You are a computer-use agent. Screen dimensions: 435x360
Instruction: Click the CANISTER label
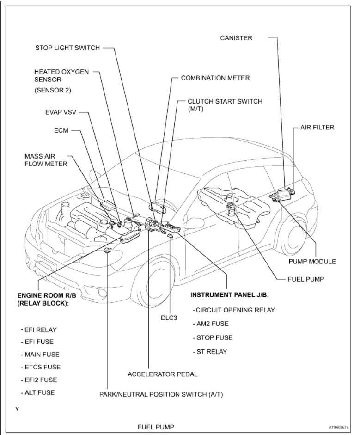pyautogui.click(x=236, y=37)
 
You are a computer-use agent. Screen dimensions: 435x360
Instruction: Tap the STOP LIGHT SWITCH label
pyautogui.click(x=67, y=48)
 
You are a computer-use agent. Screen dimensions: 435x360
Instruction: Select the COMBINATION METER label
pyautogui.click(x=215, y=78)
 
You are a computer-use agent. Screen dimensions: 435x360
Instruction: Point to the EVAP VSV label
pyautogui.click(x=60, y=112)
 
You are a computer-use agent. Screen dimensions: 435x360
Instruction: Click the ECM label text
pyautogui.click(x=61, y=130)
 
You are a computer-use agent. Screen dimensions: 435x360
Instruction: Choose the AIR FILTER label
pyautogui.click(x=317, y=127)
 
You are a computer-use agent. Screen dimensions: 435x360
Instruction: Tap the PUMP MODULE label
pyautogui.click(x=312, y=261)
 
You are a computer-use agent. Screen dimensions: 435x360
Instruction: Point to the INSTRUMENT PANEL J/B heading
pyautogui.click(x=229, y=294)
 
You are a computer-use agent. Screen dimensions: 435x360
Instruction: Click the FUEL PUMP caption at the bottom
pyautogui.click(x=156, y=427)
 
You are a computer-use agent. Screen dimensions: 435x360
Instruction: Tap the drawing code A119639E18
pyautogui.click(x=338, y=428)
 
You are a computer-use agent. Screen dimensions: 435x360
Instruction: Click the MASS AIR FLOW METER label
pyautogui.click(x=46, y=159)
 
